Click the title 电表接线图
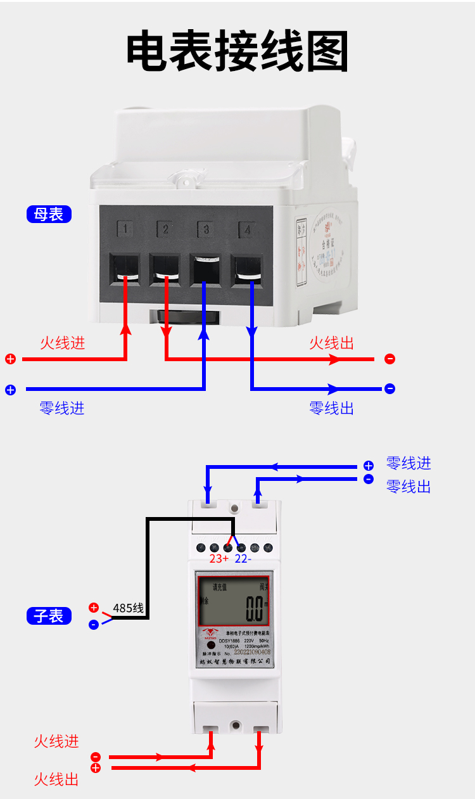tap(237, 51)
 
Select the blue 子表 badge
tap(49, 615)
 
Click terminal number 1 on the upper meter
tap(126, 228)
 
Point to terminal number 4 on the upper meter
tap(247, 229)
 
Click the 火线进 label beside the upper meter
tap(62, 343)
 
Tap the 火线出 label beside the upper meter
tap(331, 343)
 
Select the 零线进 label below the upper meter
tap(62, 408)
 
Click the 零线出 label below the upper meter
tap(331, 408)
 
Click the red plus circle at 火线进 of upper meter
tap(10, 359)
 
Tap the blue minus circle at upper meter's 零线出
tap(389, 388)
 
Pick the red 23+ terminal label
tap(218, 559)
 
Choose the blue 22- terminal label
tap(243, 559)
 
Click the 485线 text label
tap(128, 609)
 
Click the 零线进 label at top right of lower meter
tap(408, 464)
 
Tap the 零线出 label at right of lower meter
tap(408, 487)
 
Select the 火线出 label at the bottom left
tap(56, 779)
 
